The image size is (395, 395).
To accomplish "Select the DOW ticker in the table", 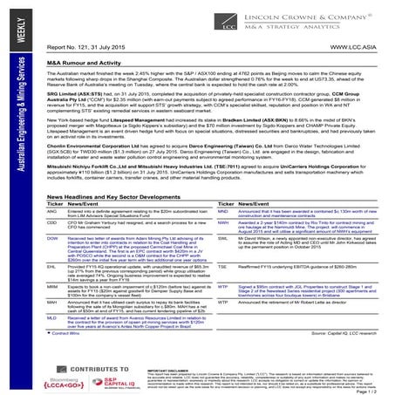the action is tap(51, 236).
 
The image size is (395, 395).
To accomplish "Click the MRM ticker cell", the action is tap(51, 285).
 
